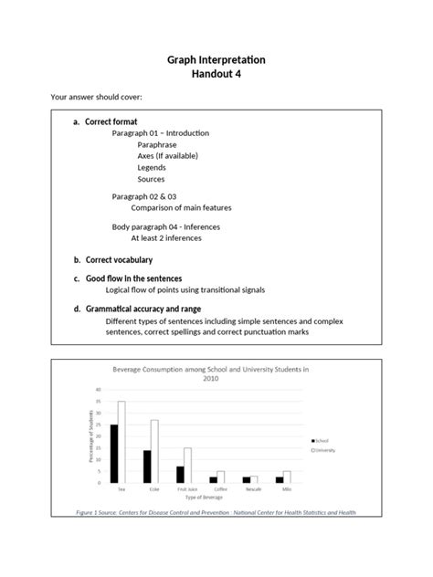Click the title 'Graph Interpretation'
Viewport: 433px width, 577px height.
(x=216, y=59)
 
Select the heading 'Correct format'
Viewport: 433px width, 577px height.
(x=111, y=121)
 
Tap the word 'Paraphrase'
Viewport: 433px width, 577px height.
(x=157, y=144)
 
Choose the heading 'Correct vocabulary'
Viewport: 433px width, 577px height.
(x=119, y=260)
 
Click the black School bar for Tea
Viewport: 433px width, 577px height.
(x=114, y=453)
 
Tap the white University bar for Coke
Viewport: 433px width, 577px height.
(x=154, y=451)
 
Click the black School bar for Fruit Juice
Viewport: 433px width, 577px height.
(x=180, y=474)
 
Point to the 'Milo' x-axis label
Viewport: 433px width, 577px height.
(x=286, y=489)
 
